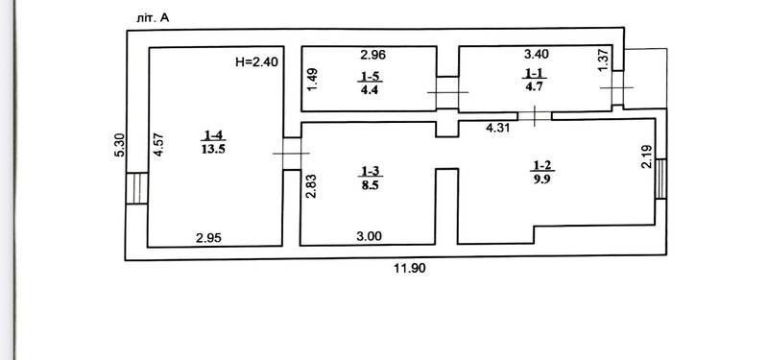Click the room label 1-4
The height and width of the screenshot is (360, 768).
click(213, 135)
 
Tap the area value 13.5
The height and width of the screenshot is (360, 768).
click(213, 150)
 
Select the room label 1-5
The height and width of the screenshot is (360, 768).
click(371, 76)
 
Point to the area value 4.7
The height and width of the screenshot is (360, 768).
click(534, 87)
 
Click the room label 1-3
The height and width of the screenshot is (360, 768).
click(371, 171)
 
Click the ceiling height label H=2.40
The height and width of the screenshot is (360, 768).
click(256, 62)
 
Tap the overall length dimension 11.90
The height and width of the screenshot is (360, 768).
click(410, 269)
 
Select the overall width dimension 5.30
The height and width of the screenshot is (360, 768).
click(119, 146)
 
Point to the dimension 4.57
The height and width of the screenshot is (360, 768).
click(157, 146)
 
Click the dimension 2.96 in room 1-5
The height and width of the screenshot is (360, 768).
click(372, 55)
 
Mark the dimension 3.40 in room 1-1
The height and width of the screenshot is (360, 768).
click(537, 54)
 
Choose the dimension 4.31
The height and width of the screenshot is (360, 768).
click(497, 129)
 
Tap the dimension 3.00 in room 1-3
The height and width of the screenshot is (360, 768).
click(369, 236)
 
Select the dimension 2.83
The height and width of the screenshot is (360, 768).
click(310, 185)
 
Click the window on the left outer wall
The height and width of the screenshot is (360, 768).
click(136, 188)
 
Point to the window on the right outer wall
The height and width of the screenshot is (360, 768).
click(660, 179)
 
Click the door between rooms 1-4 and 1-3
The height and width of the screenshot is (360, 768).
click(292, 154)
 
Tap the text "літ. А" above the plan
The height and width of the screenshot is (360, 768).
click(154, 18)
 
